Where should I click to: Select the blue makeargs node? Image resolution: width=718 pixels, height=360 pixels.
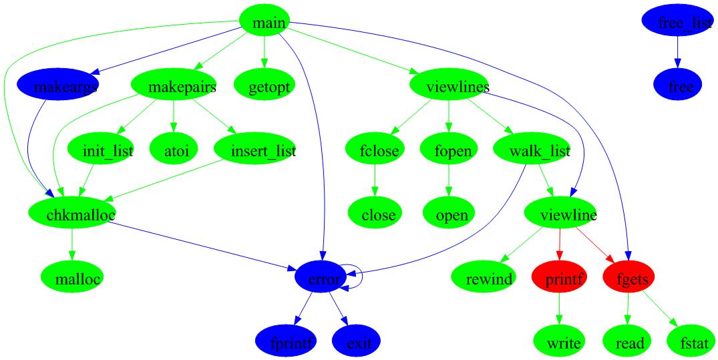pos(57,87)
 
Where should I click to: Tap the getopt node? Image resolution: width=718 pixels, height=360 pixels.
pos(264,87)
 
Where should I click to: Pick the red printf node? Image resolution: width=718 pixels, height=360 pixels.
pos(559,279)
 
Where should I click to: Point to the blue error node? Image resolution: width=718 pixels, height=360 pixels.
pos(323,279)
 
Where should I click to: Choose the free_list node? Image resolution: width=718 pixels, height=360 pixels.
pos(677,23)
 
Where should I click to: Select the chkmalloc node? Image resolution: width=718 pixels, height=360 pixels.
pos(72,214)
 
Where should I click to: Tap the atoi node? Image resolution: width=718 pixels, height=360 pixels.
pos(176,151)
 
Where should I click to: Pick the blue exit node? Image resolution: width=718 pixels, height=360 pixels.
pos(359,343)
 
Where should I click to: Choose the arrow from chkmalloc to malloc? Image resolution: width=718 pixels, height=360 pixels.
pos(72,246)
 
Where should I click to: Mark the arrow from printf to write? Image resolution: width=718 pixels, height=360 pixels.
pos(559,311)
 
